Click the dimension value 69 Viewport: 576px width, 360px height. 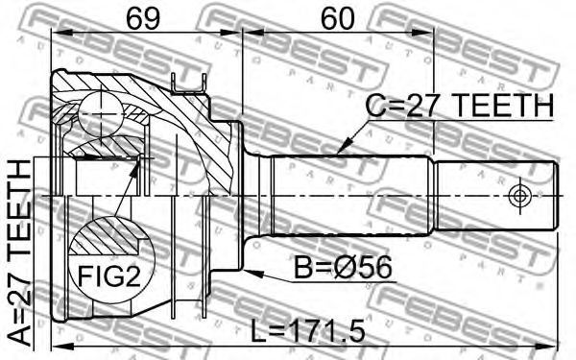(143, 19)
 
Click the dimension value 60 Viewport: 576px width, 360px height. (337, 19)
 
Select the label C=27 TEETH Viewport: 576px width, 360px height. (460, 106)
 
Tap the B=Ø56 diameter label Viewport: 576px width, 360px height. (344, 268)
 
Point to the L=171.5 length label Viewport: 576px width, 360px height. (308, 331)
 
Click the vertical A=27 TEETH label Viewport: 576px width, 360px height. (19, 253)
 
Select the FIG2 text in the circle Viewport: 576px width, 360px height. (109, 276)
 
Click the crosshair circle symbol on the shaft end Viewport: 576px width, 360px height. (518, 196)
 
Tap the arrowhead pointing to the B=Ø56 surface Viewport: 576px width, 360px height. (253, 273)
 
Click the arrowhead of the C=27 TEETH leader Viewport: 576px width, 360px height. (344, 146)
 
